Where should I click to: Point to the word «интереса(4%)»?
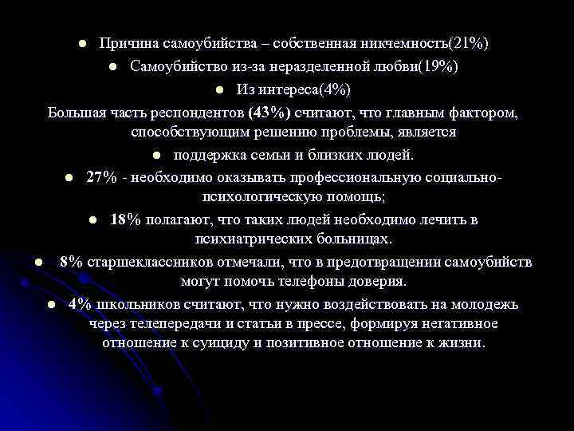(x=309, y=89)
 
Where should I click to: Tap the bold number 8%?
(x=70, y=262)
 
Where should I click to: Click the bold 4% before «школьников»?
(x=80, y=304)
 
